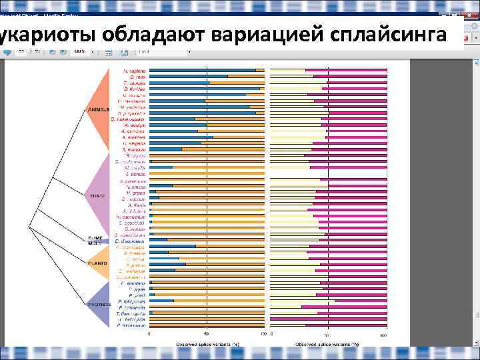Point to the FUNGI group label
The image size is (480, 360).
97,195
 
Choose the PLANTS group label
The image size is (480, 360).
97,263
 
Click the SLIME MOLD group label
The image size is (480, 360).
97,240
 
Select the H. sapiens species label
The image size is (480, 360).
134,70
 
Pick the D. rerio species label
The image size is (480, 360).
137,76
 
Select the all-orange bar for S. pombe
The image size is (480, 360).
207,174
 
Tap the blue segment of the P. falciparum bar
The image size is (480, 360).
161,301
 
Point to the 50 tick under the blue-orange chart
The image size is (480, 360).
207,333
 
